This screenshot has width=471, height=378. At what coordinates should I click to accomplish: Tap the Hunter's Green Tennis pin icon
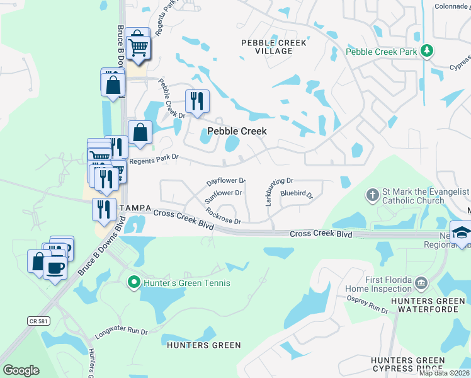pyautogui.click(x=133, y=282)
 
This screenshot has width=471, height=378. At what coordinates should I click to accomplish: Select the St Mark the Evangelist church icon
pyautogui.click(x=372, y=195)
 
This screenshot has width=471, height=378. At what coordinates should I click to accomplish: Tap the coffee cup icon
pyautogui.click(x=55, y=268)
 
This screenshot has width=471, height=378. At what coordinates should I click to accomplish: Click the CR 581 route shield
pyautogui.click(x=37, y=321)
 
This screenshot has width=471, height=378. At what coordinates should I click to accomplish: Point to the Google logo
pyautogui.click(x=21, y=370)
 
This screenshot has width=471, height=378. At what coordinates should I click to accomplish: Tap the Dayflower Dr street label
pyautogui.click(x=225, y=181)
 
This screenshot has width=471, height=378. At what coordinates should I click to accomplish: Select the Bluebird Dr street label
pyautogui.click(x=297, y=194)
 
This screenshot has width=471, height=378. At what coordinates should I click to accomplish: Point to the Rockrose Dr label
pyautogui.click(x=224, y=217)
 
